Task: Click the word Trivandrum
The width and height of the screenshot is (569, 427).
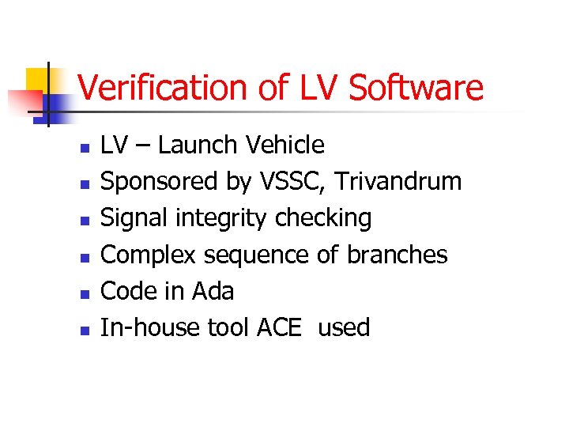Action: (398, 182)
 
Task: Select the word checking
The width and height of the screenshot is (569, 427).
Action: (323, 218)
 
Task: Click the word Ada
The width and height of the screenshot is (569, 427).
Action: (213, 291)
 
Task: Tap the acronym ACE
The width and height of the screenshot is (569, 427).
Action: (279, 327)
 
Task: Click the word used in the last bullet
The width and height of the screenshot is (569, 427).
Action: (344, 327)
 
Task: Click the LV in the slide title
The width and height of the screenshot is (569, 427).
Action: (321, 88)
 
